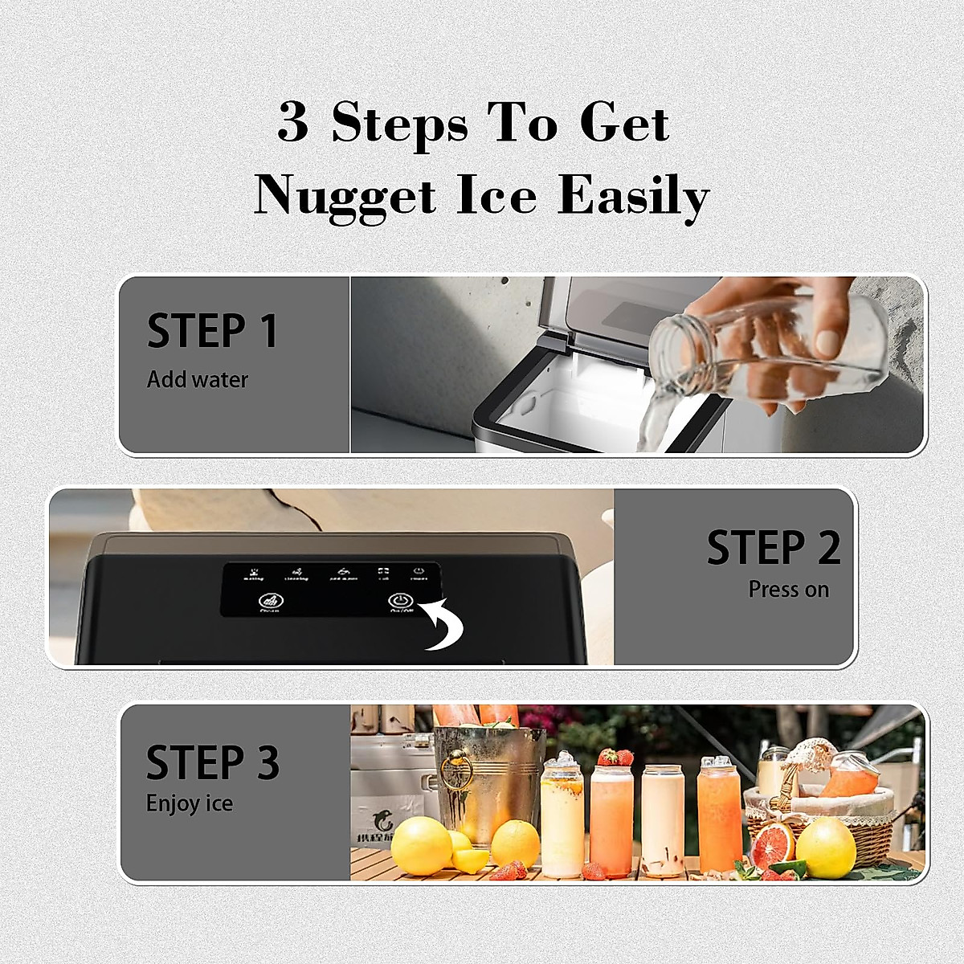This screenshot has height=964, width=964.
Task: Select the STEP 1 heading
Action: tap(212, 330)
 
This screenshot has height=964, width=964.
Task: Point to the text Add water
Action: tap(198, 380)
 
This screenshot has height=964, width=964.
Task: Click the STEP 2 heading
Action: tap(774, 547)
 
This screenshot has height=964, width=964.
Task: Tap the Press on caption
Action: tap(788, 590)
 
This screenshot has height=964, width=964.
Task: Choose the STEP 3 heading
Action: tap(212, 763)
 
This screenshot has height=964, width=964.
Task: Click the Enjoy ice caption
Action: tap(190, 803)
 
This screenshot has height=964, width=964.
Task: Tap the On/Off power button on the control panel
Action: tap(399, 601)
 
